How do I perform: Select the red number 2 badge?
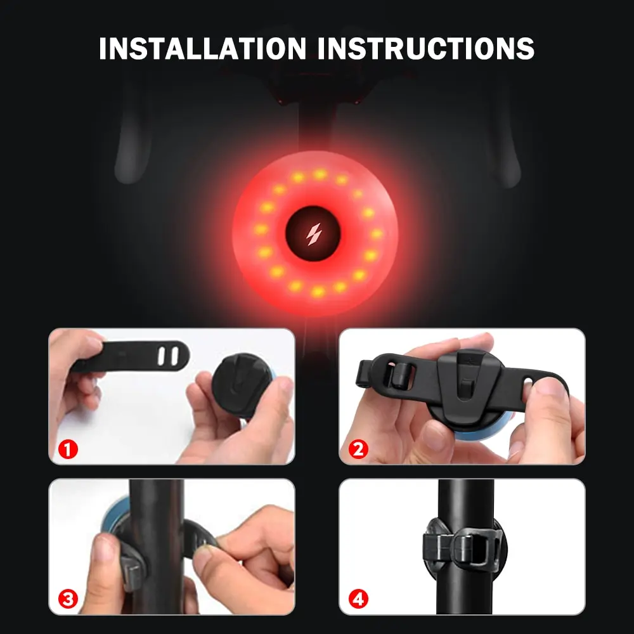coord(358,450)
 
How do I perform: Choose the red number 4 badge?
coord(358,598)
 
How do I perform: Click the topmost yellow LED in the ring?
coord(320,173)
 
